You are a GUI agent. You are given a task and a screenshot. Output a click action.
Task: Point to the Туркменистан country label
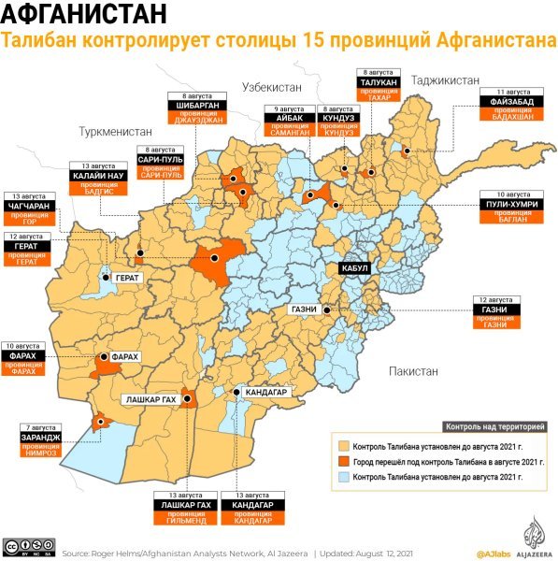(115, 132)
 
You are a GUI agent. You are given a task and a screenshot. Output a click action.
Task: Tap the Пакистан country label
(413, 371)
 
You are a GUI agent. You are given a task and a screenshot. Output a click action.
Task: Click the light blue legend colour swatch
(342, 476)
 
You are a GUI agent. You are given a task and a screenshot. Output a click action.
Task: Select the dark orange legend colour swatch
(342, 461)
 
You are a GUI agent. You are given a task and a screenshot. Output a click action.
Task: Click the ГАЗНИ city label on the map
(305, 309)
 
